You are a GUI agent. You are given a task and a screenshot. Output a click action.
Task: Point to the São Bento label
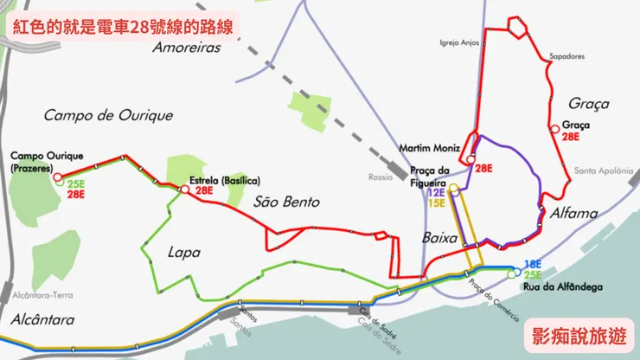pyautogui.click(x=287, y=202)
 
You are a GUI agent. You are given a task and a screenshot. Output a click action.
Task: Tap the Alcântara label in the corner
pyautogui.click(x=43, y=318)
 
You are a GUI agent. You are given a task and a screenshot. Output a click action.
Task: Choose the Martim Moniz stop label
pyautogui.click(x=429, y=148)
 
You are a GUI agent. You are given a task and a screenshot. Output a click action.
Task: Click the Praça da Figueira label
pyautogui.click(x=432, y=175)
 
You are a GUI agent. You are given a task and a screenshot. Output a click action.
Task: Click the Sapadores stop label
pyautogui.click(x=567, y=57)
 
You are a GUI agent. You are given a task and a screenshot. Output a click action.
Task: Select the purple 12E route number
pyautogui.click(x=436, y=193)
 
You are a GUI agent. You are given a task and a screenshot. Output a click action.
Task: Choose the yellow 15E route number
pyautogui.click(x=436, y=204)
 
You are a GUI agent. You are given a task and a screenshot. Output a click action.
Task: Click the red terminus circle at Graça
pyautogui.click(x=554, y=131)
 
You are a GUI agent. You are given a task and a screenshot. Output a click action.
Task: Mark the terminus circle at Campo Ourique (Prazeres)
pyautogui.click(x=58, y=177)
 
